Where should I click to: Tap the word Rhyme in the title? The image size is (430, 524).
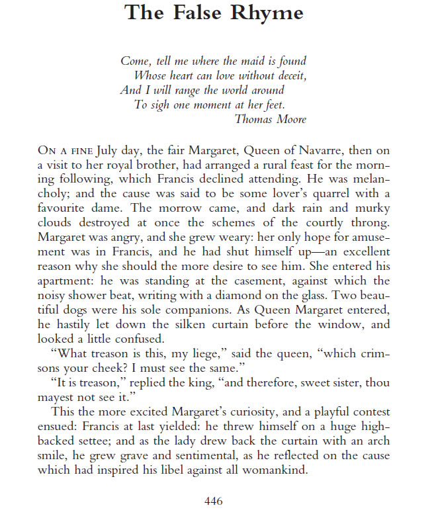[271, 13]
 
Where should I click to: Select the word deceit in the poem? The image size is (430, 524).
[288, 75]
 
